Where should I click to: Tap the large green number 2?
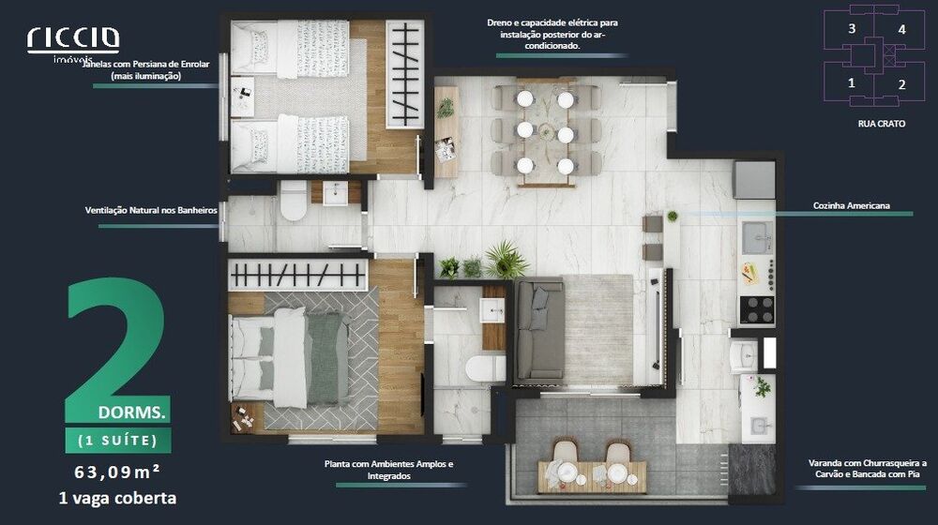(x=115, y=341)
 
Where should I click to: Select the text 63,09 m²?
(x=117, y=472)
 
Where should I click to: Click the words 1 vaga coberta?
(x=117, y=498)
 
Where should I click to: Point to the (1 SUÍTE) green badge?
(x=118, y=441)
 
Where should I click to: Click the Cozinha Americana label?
(x=852, y=205)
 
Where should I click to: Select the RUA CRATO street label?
(x=881, y=124)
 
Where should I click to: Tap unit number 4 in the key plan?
(x=901, y=29)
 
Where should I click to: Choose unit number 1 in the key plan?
(x=852, y=83)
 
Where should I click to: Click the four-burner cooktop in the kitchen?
(x=757, y=310)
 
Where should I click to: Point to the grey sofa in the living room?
(x=539, y=331)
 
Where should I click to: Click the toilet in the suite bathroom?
(x=485, y=368)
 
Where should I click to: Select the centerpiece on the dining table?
(x=546, y=130)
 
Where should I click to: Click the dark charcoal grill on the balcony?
(x=752, y=470)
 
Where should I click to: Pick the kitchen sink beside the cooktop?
(x=757, y=238)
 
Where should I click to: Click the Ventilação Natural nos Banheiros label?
(x=151, y=211)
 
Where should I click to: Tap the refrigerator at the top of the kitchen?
(x=754, y=180)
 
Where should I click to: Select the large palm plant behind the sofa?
(x=507, y=260)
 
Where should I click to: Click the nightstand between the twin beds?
(x=242, y=97)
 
